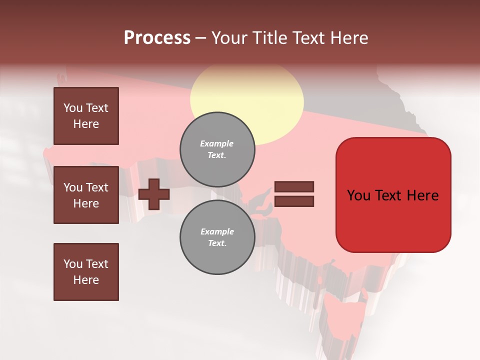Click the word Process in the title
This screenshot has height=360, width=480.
(157, 37)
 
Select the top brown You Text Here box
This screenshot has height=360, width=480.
(86, 116)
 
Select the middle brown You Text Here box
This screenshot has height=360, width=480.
(86, 195)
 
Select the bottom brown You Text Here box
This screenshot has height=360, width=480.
(86, 272)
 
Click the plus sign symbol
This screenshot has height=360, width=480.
(154, 194)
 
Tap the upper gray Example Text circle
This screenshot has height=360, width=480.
(217, 149)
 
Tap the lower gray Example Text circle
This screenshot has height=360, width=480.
(217, 237)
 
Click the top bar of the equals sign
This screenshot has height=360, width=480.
(294, 187)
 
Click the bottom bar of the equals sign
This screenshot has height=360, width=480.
(294, 201)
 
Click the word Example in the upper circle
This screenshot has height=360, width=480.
(217, 143)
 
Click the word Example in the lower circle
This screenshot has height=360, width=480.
(217, 231)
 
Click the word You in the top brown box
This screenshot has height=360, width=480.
(73, 108)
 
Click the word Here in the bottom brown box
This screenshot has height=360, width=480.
(86, 280)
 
